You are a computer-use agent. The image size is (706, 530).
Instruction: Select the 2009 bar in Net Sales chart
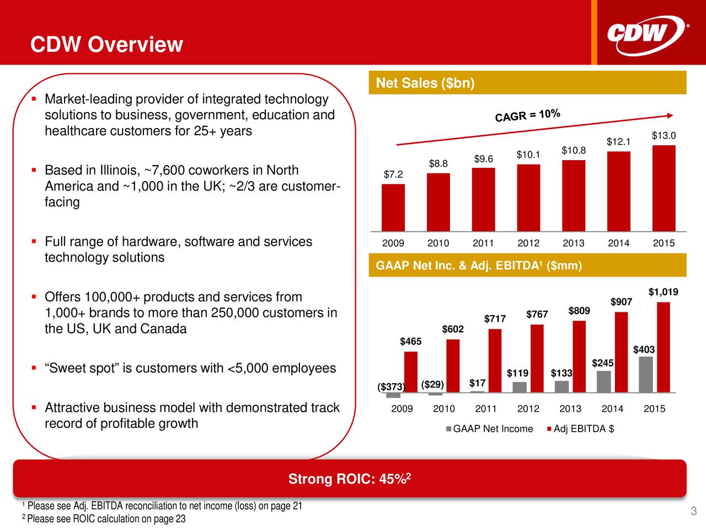click(x=393, y=207)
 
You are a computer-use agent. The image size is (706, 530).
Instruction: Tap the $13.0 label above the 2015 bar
click(x=664, y=136)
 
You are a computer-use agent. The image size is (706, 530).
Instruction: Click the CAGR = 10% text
click(x=528, y=115)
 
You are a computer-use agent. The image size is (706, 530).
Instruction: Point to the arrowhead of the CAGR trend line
click(x=670, y=115)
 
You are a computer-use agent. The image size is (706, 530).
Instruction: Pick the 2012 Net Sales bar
click(x=528, y=197)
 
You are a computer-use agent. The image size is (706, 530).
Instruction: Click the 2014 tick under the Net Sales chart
click(x=618, y=243)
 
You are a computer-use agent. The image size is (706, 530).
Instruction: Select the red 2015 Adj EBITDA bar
click(x=664, y=347)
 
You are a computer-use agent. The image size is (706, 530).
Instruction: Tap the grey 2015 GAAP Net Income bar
click(x=646, y=374)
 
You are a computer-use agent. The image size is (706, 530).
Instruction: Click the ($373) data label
click(x=391, y=387)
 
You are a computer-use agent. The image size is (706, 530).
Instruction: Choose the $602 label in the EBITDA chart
click(x=453, y=329)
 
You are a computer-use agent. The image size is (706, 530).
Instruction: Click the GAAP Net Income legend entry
click(x=489, y=429)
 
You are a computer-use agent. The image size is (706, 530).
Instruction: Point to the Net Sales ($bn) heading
click(x=425, y=83)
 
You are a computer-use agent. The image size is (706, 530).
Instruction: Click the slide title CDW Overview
click(x=106, y=44)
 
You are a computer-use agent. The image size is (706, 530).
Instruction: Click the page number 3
click(x=694, y=512)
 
